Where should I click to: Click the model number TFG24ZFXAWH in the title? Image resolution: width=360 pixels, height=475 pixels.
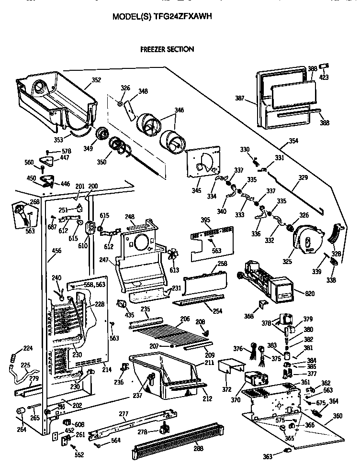tap(182, 16)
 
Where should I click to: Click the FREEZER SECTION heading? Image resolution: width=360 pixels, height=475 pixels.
tap(167, 49)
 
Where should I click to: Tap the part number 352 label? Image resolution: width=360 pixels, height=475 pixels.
tap(96, 80)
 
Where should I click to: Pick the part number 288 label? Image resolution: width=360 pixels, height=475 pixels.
tap(198, 448)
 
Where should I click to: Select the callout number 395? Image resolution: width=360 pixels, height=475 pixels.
tap(205, 220)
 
